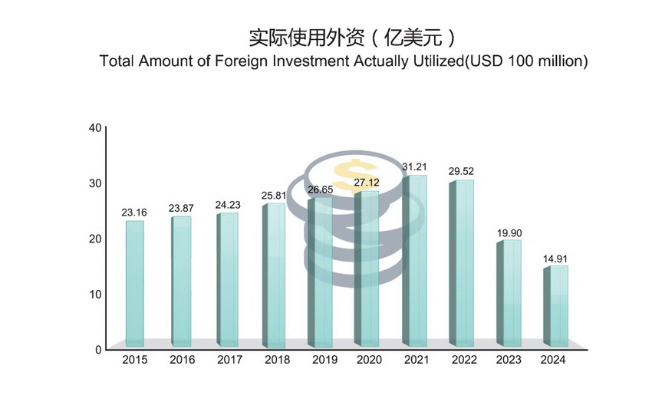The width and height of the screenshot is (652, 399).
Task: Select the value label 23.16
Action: [x=135, y=213]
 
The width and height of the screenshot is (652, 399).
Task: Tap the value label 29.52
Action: [x=461, y=172]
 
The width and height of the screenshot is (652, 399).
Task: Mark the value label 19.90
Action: [x=508, y=232]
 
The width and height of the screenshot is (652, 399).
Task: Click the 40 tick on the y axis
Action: [x=95, y=127]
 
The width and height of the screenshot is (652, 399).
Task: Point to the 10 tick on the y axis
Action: [x=96, y=294]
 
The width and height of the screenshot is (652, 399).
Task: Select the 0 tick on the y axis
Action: [x=99, y=349]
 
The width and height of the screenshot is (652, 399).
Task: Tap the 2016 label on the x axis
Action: [x=182, y=360]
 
